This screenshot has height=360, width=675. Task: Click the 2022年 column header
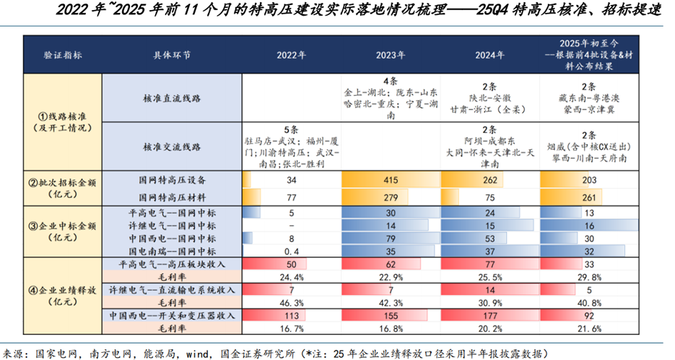point(291,55)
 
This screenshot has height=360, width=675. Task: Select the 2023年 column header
point(390,55)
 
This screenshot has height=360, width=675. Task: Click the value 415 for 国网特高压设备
point(390,181)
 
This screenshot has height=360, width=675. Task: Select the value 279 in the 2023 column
point(390,196)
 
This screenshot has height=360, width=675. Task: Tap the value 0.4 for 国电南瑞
point(291,252)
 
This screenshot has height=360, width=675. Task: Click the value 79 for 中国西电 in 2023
point(390,239)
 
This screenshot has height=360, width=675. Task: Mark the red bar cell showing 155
point(390,315)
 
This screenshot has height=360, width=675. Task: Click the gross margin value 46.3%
point(291,303)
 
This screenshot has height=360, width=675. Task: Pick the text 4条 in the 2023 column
point(390,81)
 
